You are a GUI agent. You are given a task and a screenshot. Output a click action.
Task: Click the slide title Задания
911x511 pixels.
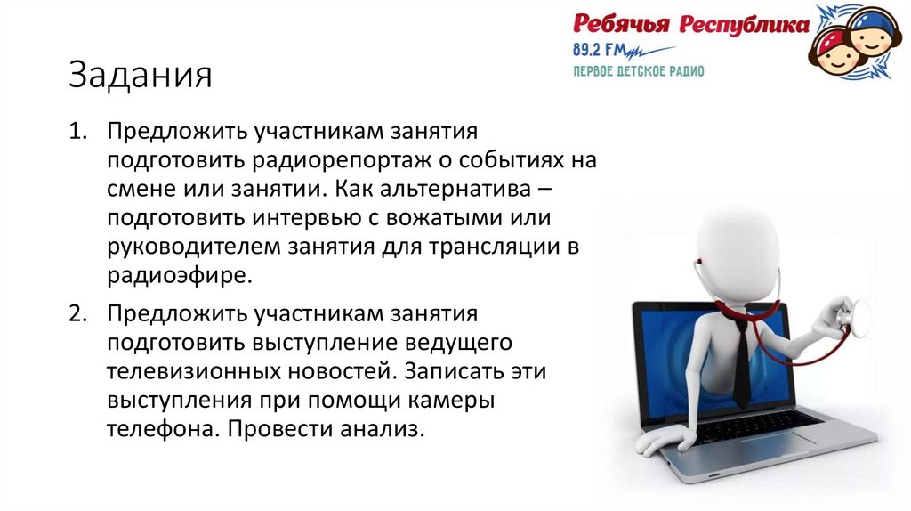click(141, 75)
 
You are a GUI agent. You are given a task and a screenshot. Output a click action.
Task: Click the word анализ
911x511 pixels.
click(379, 427)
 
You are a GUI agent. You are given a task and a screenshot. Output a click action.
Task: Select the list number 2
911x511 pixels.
click(78, 314)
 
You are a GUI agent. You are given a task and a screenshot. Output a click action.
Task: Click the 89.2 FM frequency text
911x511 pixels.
click(601, 49)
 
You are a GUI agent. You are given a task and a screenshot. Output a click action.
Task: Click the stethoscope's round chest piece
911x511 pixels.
click(860, 316)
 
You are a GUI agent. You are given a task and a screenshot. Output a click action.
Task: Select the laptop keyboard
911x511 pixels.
click(756, 428)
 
